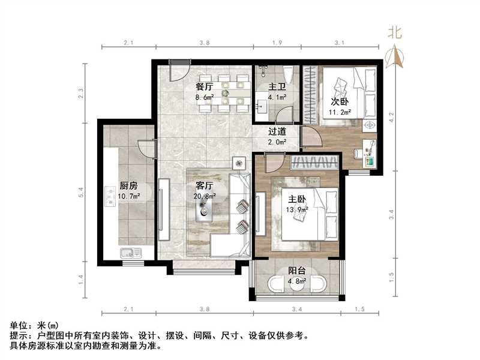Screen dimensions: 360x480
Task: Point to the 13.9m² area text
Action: (296, 210)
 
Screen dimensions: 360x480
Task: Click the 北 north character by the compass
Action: (394, 32)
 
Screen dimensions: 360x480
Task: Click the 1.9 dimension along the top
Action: (277, 43)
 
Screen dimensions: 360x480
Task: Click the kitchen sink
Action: (128, 253)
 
